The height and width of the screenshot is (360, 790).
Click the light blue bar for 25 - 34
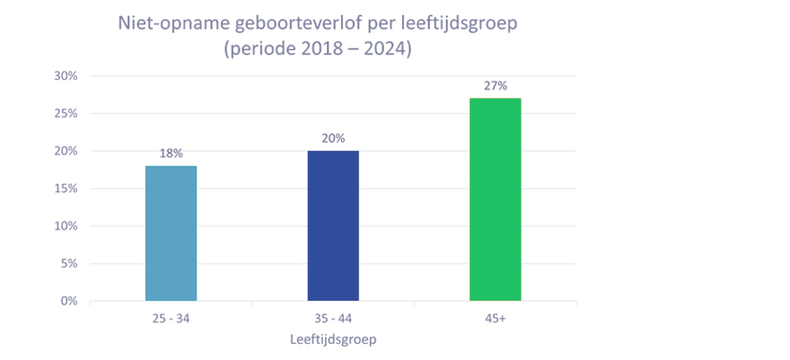point(171,233)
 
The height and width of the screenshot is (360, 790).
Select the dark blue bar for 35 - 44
point(333,226)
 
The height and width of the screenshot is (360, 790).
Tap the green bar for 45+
point(495,199)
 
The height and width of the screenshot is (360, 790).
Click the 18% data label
point(171,154)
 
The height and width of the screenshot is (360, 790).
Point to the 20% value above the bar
point(333,138)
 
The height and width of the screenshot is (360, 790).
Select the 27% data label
point(495,86)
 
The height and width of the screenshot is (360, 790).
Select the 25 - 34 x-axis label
point(171,319)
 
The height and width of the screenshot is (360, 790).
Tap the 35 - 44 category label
point(333,319)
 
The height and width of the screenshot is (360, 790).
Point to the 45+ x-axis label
point(495,319)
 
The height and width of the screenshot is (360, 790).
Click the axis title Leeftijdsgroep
point(333,340)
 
